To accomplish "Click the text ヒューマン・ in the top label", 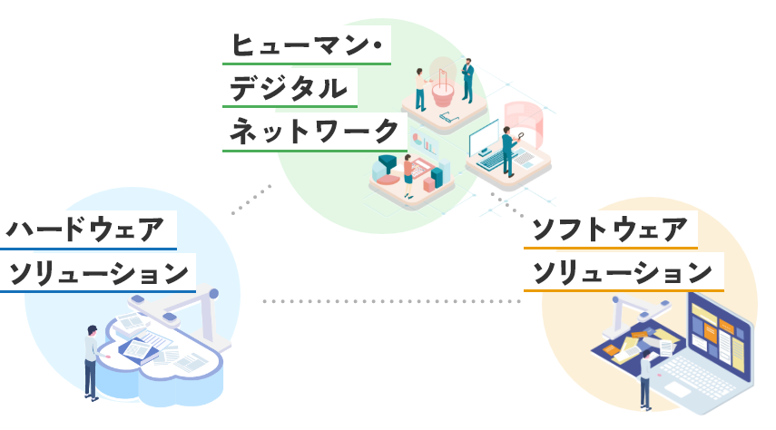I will pyautogui.click(x=305, y=46).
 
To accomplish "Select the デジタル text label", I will pyautogui.click(x=289, y=88).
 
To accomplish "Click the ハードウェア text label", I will pyautogui.click(x=87, y=230).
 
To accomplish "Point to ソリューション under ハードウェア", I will pyautogui.click(x=98, y=272).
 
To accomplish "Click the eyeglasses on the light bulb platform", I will pyautogui.click(x=447, y=115).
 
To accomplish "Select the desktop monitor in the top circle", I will pyautogui.click(x=486, y=139).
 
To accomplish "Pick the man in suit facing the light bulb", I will pyautogui.click(x=467, y=80).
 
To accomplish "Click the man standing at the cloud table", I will pyautogui.click(x=90, y=360).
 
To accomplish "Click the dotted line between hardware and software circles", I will pyautogui.click(x=390, y=300).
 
